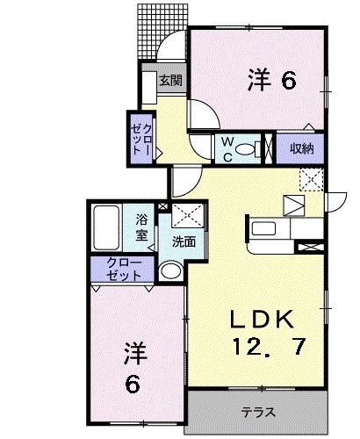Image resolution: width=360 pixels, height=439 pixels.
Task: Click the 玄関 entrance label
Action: pyautogui.click(x=170, y=81)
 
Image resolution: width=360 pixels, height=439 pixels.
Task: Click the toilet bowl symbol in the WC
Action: pyautogui.click(x=262, y=148)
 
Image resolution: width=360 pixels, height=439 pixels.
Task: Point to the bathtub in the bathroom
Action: pyautogui.click(x=108, y=227)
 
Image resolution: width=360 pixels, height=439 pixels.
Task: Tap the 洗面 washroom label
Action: pyautogui.click(x=183, y=241)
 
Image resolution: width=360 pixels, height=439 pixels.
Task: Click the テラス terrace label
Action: pyautogui.click(x=257, y=411)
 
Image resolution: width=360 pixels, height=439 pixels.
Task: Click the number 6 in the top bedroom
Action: pyautogui.click(x=287, y=80)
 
